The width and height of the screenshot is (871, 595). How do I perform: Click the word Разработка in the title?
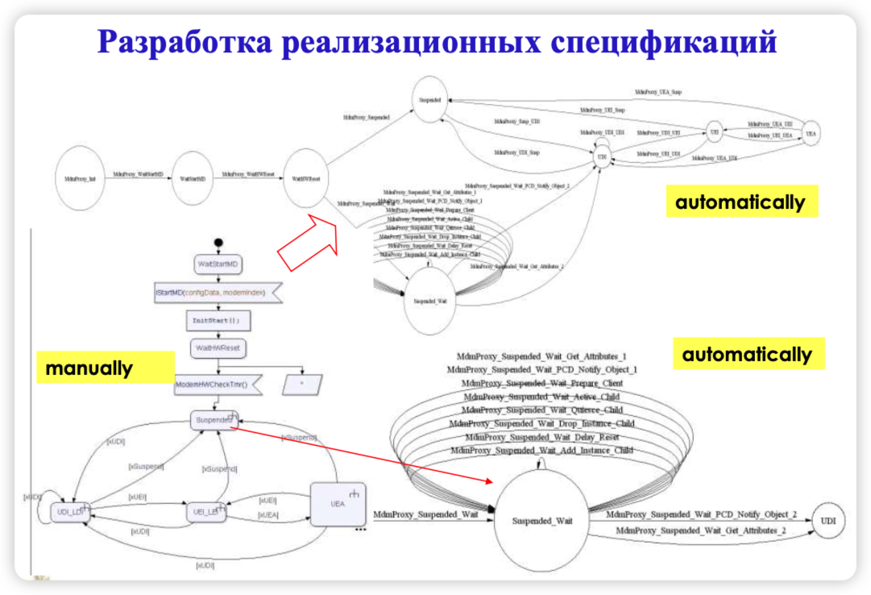188,41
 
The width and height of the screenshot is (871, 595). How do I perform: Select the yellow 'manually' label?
89,369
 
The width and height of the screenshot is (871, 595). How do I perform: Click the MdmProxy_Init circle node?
81,177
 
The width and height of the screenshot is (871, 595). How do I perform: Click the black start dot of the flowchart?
218,243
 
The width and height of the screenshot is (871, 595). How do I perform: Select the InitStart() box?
216,320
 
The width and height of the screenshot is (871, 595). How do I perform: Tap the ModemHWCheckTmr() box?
210,385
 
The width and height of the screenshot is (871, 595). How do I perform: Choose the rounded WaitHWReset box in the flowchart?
218,348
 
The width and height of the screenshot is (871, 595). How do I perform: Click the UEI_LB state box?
203,511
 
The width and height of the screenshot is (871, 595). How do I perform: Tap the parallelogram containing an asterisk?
303,385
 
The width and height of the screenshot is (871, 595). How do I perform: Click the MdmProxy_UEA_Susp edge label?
657,93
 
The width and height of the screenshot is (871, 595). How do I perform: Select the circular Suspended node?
431,99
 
